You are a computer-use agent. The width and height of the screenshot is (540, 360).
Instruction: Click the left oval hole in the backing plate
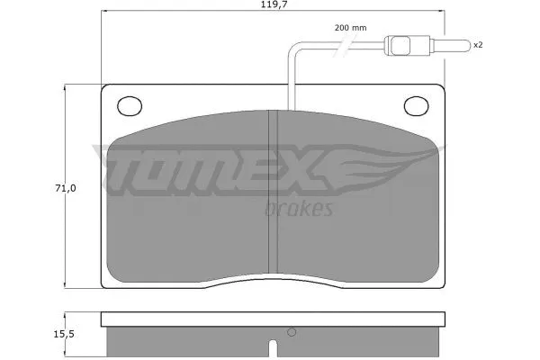(x=129, y=105)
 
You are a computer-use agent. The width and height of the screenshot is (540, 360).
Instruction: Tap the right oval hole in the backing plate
(x=418, y=105)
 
